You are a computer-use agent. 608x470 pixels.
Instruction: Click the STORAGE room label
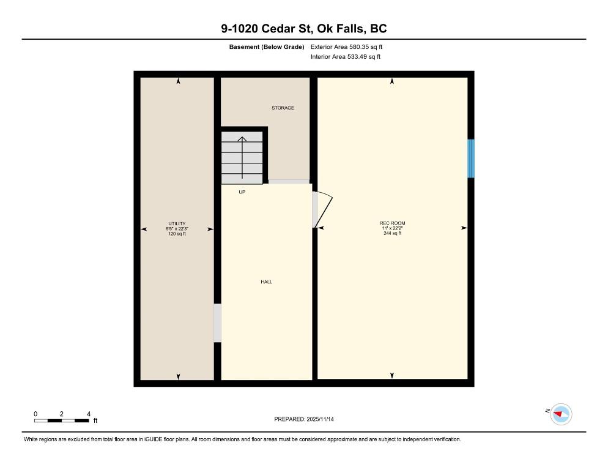pos(283,108)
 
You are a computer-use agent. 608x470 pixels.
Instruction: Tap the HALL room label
pos(266,282)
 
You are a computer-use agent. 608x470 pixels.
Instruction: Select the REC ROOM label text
pos(392,223)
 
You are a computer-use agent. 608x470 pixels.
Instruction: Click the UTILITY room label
pos(177,223)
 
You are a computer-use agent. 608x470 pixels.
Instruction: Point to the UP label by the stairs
pos(242,192)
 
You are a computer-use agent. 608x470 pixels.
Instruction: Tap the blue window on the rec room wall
pos(470,159)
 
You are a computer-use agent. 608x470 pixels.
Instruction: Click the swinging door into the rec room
pos(322,210)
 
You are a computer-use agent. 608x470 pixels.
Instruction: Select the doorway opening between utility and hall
pos(217,323)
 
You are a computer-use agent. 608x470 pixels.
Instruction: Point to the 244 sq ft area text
pos(392,233)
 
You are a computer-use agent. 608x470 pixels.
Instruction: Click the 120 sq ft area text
pos(177,234)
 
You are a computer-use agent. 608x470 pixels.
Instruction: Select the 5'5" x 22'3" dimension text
pos(177,229)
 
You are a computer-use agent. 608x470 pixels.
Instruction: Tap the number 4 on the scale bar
pos(89,414)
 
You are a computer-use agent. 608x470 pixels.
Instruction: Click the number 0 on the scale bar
pos(35,414)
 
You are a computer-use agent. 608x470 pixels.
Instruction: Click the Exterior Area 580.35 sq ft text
pos(347,47)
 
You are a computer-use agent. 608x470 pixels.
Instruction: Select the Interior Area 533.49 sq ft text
pos(346,57)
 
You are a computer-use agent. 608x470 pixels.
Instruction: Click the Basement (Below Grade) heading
pos(267,47)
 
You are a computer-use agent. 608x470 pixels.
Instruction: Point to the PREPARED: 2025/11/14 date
pos(303,419)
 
